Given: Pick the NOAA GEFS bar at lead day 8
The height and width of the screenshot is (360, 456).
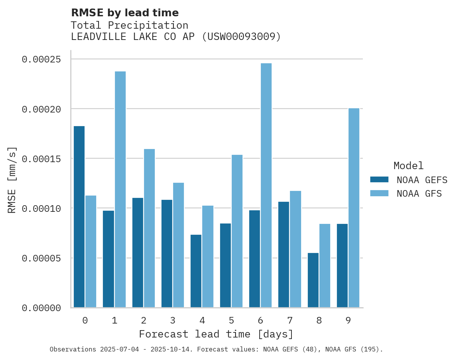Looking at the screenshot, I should (313, 280).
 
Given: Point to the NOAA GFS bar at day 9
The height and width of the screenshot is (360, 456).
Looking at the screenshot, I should (354, 208).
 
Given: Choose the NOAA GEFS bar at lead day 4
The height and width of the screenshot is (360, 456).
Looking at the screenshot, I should (196, 271).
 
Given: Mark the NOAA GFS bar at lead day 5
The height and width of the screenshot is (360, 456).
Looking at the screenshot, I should (237, 231).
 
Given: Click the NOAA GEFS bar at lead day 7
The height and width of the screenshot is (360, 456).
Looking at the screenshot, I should (284, 254).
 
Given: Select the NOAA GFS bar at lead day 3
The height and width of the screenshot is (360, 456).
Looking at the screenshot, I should (179, 245).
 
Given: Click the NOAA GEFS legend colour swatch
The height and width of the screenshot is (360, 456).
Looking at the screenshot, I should (379, 180).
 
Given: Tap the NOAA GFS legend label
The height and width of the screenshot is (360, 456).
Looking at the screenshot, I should (419, 194).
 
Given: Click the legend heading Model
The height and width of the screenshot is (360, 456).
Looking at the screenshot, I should (408, 166).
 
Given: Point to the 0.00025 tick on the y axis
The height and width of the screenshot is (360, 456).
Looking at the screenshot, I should (42, 59).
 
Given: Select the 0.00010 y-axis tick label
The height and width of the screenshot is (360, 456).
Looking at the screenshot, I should (42, 209).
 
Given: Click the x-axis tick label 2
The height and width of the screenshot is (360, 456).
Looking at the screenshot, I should (144, 320).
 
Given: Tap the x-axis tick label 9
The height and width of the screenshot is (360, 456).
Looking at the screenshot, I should (348, 320).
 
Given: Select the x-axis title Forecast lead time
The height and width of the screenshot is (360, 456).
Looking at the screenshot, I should (216, 334).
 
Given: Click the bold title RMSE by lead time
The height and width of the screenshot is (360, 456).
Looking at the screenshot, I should (125, 13).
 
